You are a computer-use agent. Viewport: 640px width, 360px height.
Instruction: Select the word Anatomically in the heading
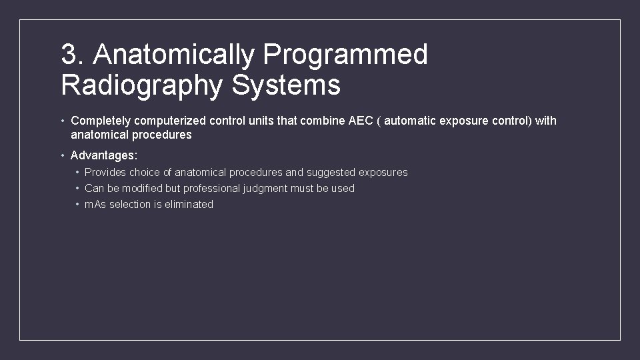click(x=174, y=55)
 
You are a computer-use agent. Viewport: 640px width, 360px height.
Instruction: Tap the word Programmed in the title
click(x=345, y=55)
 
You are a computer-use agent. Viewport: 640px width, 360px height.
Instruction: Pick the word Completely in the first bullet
click(x=101, y=121)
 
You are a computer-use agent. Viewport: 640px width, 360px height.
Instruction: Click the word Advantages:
click(x=104, y=155)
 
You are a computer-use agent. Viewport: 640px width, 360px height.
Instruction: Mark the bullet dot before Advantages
click(x=62, y=155)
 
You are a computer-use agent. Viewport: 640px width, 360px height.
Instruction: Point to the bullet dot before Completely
click(x=62, y=121)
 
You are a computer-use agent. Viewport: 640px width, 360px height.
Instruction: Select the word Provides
click(x=105, y=173)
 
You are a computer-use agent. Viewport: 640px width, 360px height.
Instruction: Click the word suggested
click(x=331, y=173)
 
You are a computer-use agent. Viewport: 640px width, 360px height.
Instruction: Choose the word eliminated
click(x=188, y=205)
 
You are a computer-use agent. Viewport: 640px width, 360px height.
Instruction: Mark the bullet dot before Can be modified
click(x=77, y=189)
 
